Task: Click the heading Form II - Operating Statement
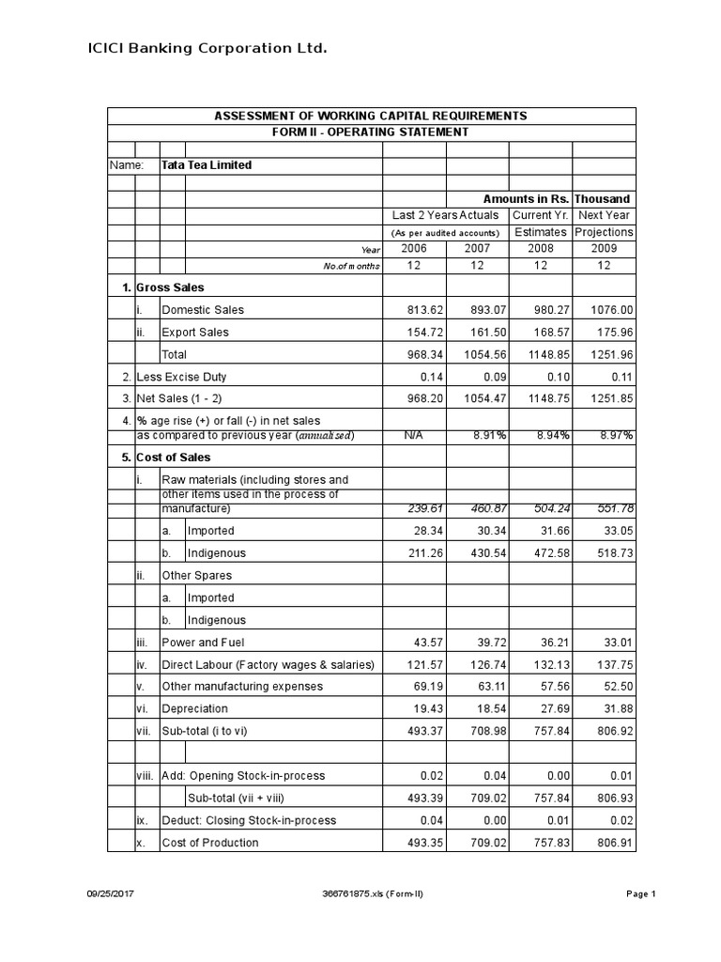371,132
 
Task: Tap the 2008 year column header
540,248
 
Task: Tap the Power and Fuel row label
203,643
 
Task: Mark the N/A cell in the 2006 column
413,436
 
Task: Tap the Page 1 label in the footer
640,894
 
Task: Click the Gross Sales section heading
170,287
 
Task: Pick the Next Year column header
604,215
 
